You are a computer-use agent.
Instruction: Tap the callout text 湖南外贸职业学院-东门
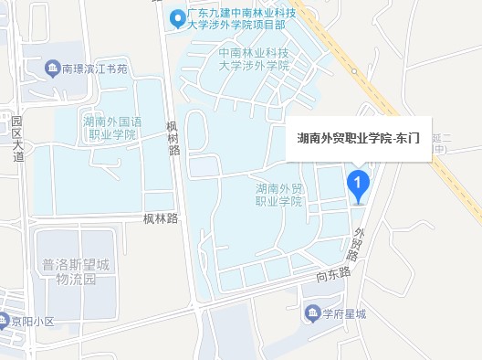358,139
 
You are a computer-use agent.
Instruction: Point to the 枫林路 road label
160,218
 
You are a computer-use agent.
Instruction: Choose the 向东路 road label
333,272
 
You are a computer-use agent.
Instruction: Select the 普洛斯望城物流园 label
76,271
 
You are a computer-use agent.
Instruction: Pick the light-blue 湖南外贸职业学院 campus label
278,194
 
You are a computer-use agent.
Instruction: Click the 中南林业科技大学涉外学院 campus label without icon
254,59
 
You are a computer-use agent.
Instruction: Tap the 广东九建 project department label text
240,17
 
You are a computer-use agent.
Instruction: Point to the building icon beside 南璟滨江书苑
52,68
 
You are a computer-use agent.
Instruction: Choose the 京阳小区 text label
32,322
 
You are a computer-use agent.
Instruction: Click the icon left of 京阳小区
4,322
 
